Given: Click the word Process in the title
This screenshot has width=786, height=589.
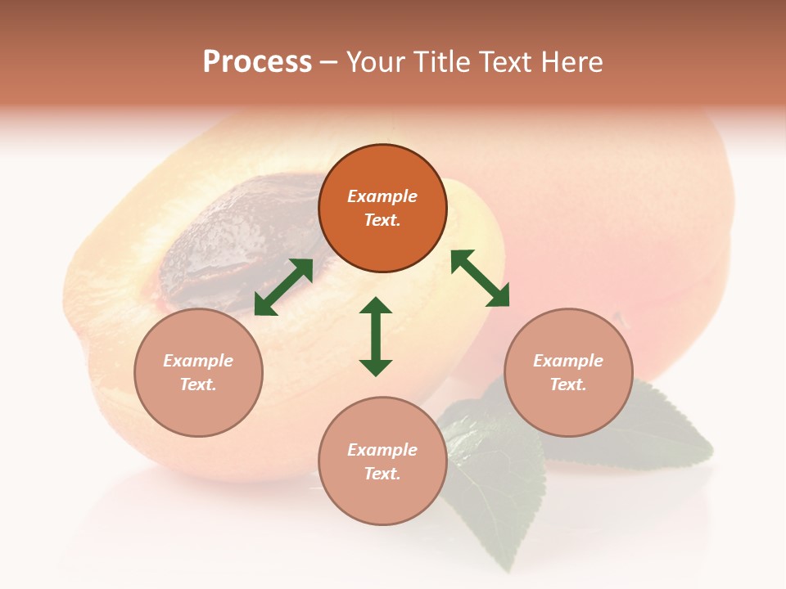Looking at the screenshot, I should click(257, 62).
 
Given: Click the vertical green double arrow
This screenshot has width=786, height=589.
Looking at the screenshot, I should click(376, 336).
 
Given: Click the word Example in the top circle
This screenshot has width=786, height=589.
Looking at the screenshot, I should click(382, 196).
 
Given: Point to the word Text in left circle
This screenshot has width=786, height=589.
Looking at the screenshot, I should click(197, 385).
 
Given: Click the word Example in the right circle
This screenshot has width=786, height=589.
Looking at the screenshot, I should click(568, 361).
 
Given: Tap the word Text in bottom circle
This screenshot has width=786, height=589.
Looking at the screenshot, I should click(382, 474).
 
